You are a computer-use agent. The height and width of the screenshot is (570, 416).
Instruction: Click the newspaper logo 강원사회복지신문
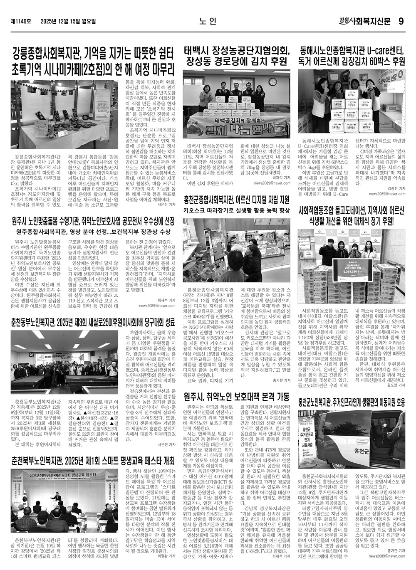click(x=366, y=21)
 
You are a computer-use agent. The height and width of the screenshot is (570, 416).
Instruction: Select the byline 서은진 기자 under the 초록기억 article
click(x=167, y=205)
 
